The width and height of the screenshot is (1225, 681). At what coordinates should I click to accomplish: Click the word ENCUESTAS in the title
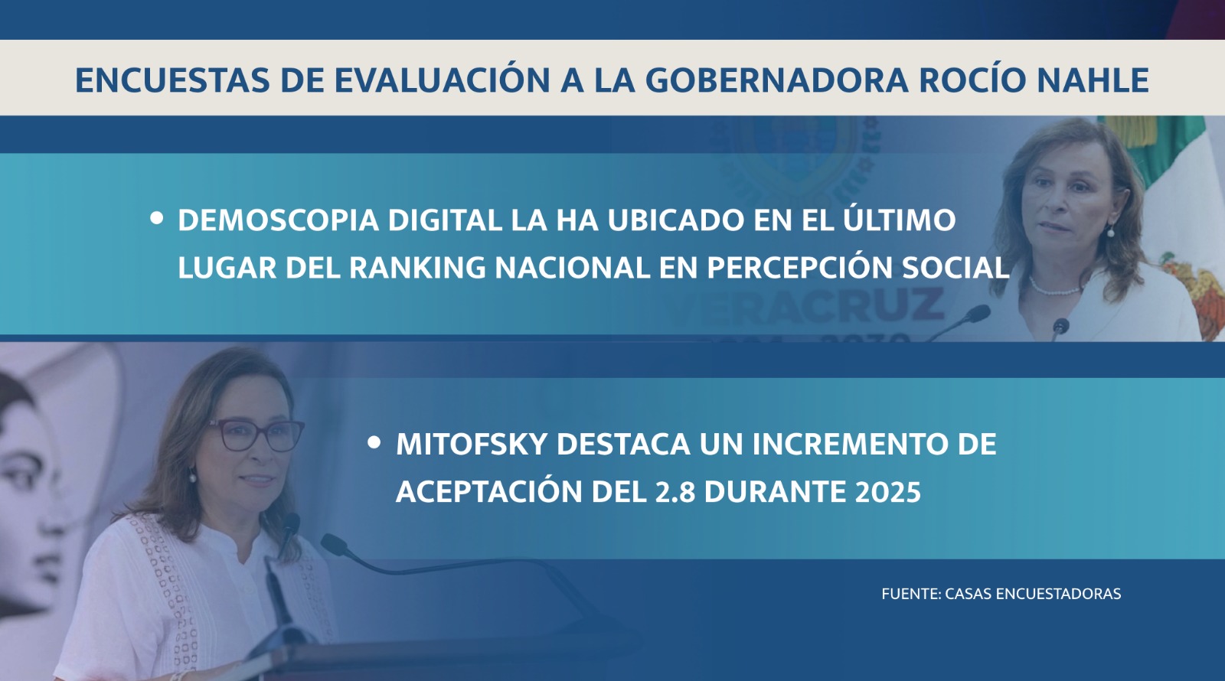[x=173, y=80]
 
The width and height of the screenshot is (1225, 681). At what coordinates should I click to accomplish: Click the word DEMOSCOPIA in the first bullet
[x=279, y=220]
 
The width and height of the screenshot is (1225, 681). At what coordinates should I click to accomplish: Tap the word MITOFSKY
[x=472, y=444]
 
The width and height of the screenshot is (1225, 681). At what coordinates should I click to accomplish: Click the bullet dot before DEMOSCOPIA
[x=156, y=218]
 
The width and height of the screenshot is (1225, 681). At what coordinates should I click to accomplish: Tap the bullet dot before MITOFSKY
[x=374, y=442]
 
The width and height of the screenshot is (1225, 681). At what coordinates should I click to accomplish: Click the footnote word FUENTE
[x=911, y=594]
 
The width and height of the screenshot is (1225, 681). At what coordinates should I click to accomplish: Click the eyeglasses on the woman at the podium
[x=255, y=435]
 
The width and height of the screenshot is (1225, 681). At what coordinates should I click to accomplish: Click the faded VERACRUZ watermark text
[x=803, y=307]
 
